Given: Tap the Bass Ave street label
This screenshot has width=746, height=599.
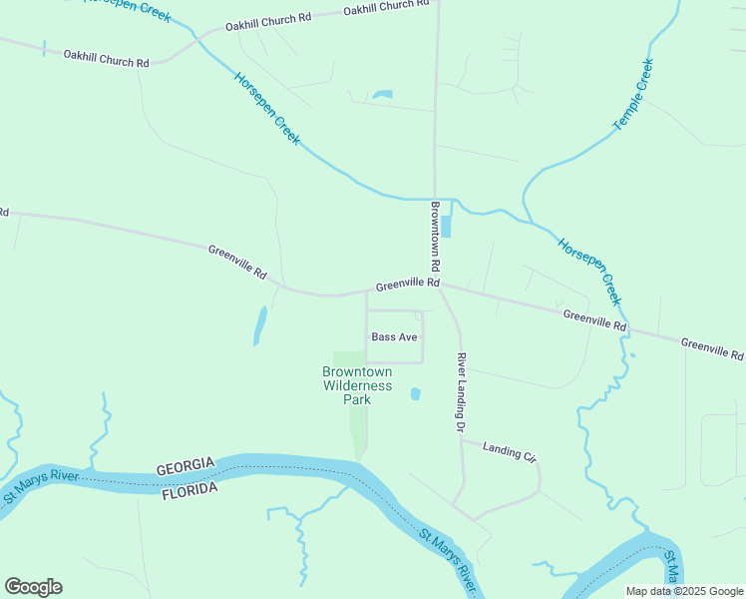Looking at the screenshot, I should [394, 337].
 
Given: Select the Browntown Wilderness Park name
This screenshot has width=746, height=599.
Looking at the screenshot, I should [356, 385].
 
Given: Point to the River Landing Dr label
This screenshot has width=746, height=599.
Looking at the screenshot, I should [462, 391].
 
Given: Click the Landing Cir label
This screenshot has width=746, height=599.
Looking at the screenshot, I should [509, 452].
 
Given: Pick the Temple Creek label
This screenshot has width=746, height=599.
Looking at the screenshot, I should [632, 95].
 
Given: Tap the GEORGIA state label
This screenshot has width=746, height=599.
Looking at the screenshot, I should [185, 466].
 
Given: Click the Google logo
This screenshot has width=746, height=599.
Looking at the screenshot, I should [33, 587].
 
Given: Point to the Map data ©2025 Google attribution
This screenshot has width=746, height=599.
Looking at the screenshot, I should [683, 591].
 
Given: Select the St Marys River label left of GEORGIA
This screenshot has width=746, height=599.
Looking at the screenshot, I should [40, 487].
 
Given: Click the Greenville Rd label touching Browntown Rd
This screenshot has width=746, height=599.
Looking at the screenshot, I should [407, 285].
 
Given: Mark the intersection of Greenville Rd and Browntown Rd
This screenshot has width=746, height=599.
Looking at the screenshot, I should [437, 283].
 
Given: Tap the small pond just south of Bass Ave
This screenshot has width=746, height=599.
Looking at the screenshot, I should [415, 394].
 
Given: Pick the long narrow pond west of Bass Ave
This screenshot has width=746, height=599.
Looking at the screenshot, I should [259, 325].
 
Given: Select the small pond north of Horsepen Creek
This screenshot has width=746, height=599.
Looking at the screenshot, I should [382, 96].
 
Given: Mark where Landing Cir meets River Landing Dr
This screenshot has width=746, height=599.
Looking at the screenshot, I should [462, 440].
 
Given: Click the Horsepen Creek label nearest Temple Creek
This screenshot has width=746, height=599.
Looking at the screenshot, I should [589, 272].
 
